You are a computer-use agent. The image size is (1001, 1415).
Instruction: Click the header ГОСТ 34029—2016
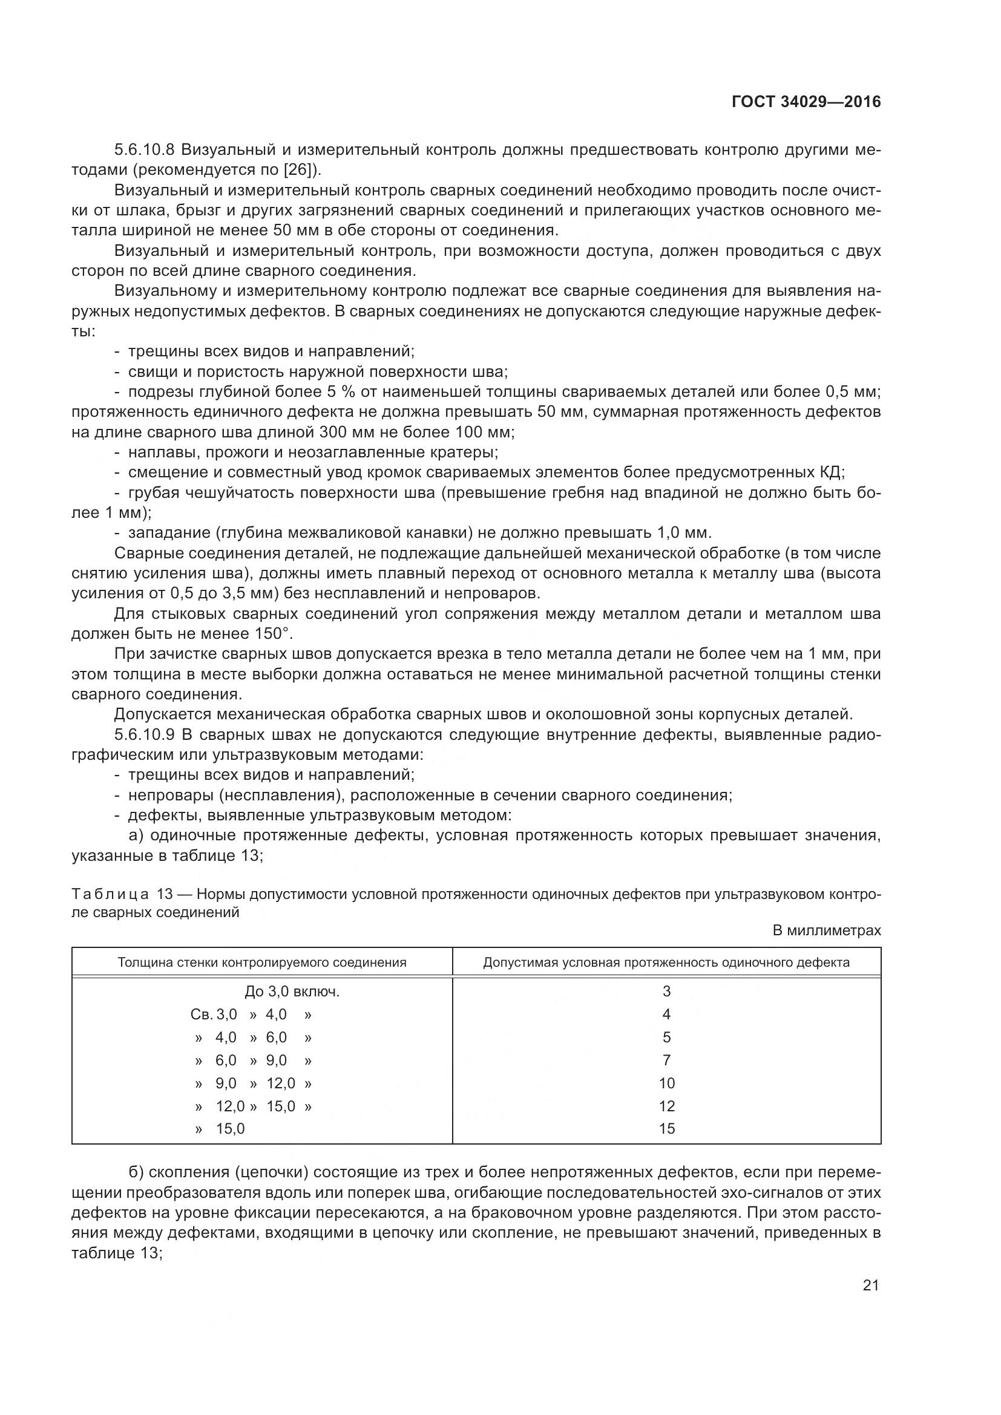[x=806, y=102]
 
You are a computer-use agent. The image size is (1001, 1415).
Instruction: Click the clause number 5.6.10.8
[x=145, y=150]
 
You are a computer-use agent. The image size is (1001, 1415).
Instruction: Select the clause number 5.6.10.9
[x=145, y=734]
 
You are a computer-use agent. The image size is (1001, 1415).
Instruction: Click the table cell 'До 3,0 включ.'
[x=292, y=992]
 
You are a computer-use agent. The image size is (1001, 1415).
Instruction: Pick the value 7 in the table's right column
[x=666, y=1060]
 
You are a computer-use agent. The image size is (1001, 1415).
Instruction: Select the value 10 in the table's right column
[x=666, y=1083]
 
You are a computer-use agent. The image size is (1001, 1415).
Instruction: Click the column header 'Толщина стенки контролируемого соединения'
[x=262, y=962]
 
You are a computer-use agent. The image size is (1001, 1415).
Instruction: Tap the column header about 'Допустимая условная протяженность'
[x=666, y=962]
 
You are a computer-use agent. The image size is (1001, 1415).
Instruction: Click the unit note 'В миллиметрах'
[x=827, y=930]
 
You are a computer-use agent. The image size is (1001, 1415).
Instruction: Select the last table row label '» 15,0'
[x=220, y=1128]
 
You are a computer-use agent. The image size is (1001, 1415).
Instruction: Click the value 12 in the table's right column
[x=666, y=1106]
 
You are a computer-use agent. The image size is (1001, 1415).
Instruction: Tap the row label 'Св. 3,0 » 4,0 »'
[x=251, y=1015]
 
